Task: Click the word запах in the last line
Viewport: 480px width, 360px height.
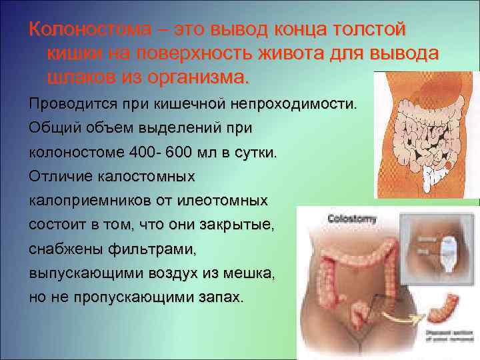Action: coord(221,297)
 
